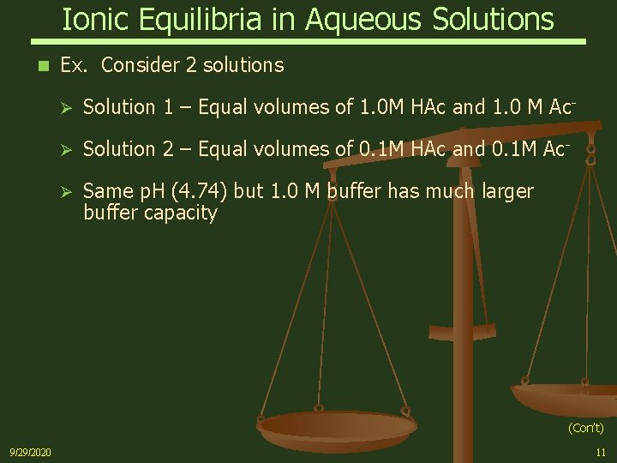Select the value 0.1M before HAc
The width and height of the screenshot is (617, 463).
coord(382,149)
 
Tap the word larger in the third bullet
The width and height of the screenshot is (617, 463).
coord(502,191)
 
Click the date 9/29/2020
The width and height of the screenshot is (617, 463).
coord(30,451)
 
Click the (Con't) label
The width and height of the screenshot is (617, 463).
coord(585,427)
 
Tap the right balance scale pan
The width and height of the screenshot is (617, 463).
coord(566,396)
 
